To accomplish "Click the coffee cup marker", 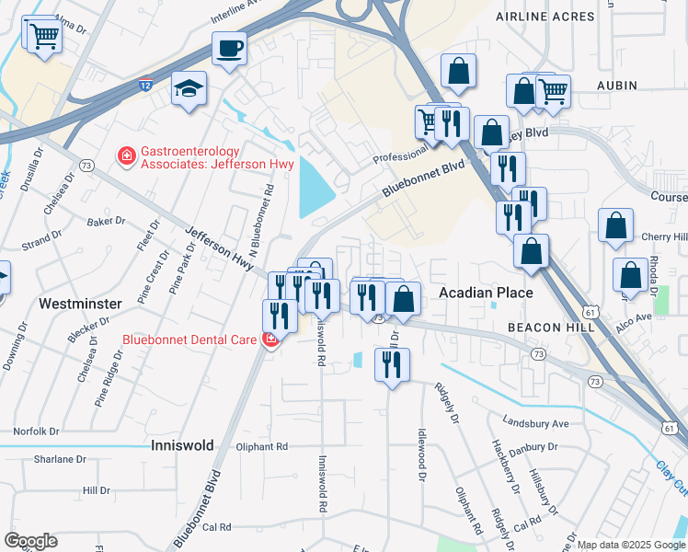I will click(x=229, y=48).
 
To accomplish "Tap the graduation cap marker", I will click(x=189, y=88).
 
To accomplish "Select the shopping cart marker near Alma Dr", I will click(x=42, y=36).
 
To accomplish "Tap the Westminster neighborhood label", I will click(x=80, y=302).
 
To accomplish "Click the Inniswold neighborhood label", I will click(x=182, y=445).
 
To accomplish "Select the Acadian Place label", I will click(x=485, y=293).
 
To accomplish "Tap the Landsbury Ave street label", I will click(x=536, y=423).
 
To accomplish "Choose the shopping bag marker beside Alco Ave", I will click(x=632, y=276).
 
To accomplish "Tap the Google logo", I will click(x=31, y=541).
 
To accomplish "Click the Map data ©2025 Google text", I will click(x=630, y=544).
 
